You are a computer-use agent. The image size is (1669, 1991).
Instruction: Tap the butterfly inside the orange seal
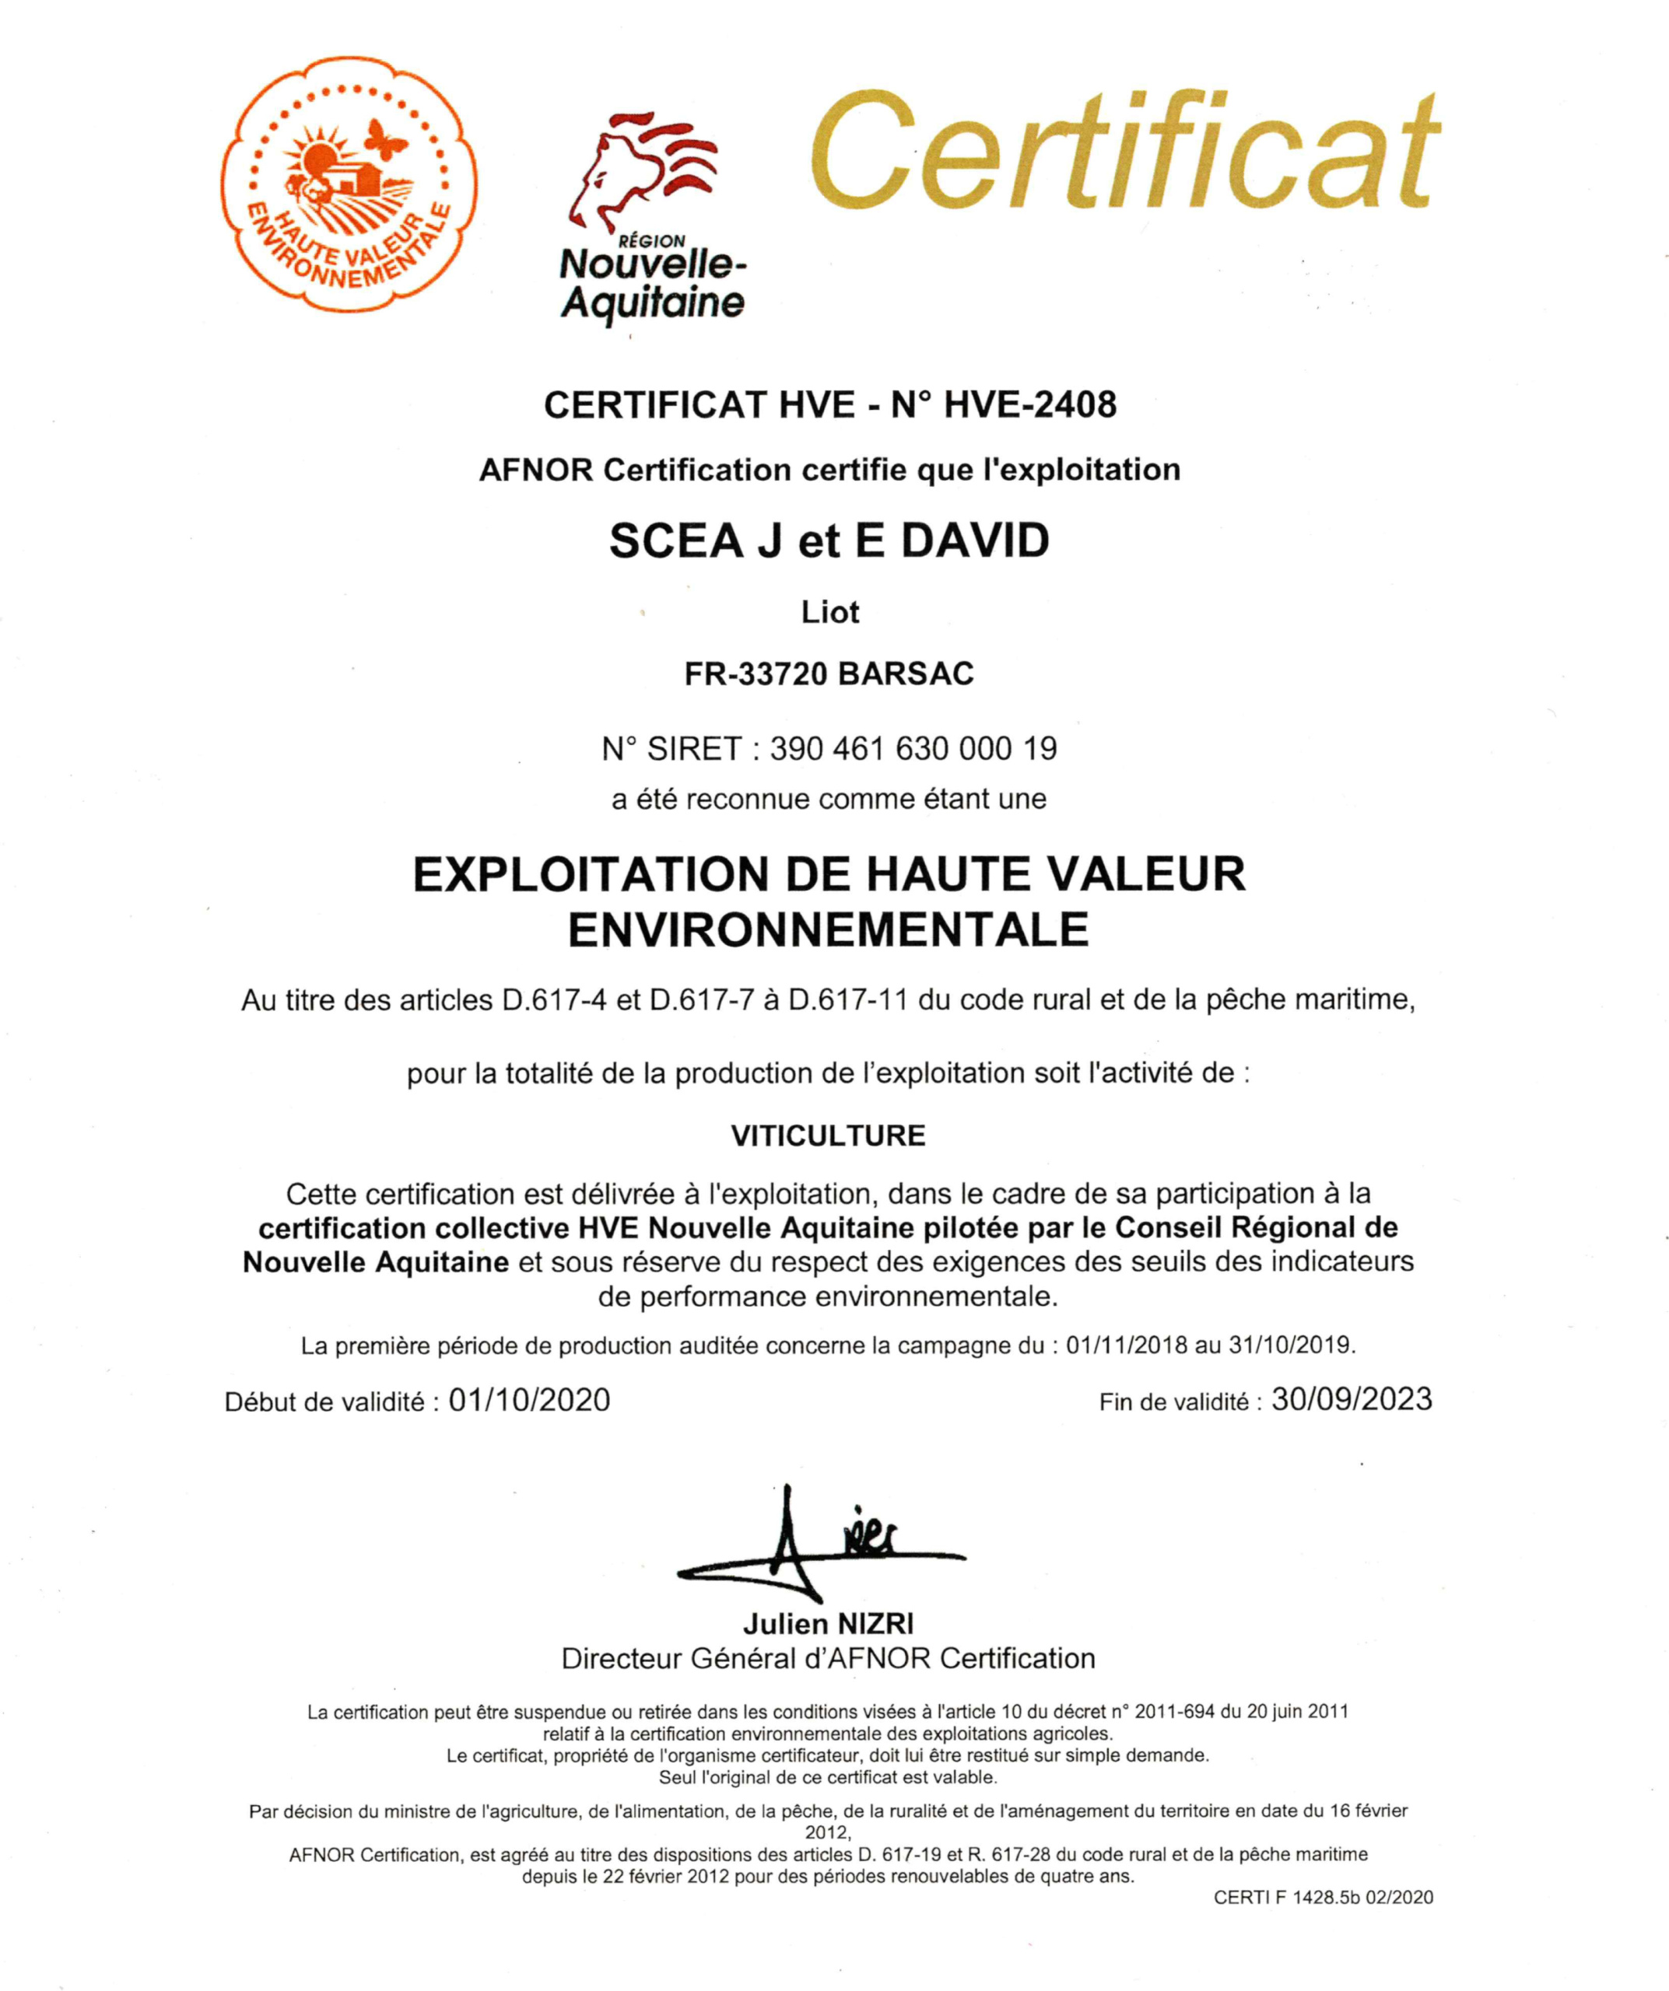386,140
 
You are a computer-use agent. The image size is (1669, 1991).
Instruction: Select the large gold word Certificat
1124,152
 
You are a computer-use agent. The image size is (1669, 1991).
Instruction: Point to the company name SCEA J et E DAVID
829,541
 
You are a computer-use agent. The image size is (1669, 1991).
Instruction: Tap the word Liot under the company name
829,613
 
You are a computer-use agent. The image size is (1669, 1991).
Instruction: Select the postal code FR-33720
755,674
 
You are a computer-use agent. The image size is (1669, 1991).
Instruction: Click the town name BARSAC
905,674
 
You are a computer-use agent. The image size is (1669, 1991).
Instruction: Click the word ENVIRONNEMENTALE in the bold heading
828,929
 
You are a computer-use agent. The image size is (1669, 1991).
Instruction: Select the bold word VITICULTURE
828,1135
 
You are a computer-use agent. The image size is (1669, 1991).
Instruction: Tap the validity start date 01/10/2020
529,1401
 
